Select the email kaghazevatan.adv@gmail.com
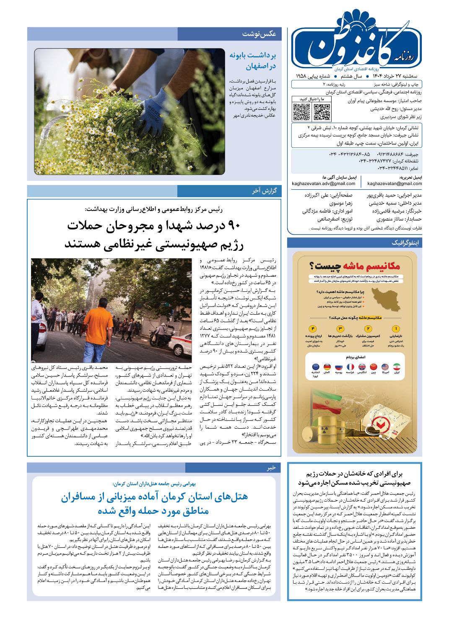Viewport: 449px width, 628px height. [324, 183]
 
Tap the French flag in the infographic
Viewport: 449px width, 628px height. [350, 367]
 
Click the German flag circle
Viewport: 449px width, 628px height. [327, 367]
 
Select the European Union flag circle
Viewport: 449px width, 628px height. [315, 367]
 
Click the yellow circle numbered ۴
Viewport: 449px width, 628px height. [314, 328]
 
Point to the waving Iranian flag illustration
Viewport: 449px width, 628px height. [329, 400]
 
